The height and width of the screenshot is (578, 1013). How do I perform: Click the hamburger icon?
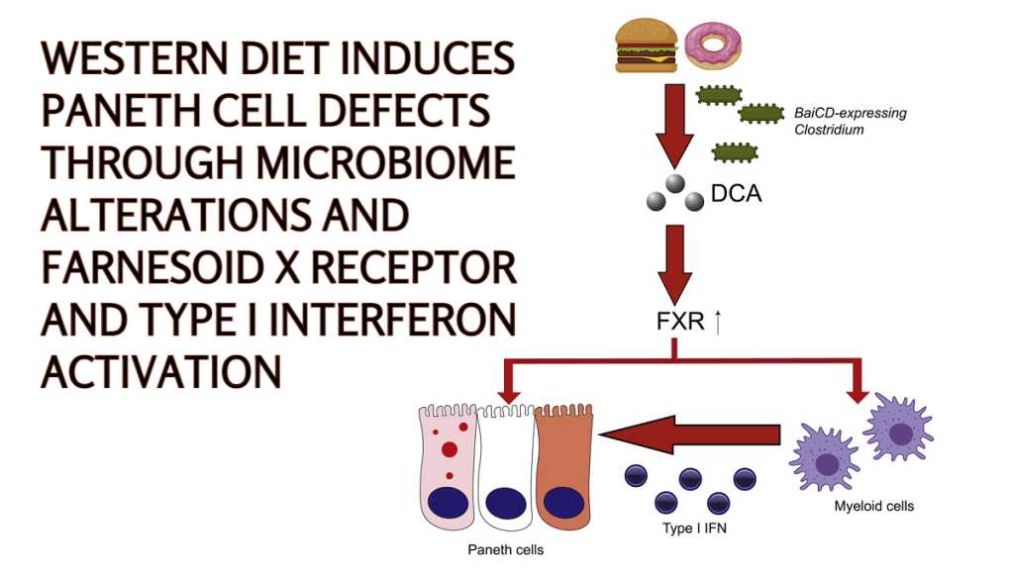coord(647,48)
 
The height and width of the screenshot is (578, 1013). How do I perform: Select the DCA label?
coord(736,194)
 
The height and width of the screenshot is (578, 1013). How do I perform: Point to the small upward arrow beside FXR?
coord(716,322)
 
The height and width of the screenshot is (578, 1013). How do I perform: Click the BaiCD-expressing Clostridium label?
coord(849,121)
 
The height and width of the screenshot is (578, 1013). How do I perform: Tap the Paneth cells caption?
coord(505,549)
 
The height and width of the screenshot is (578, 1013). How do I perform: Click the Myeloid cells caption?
coord(873,507)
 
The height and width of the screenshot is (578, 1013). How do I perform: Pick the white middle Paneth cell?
coord(506,465)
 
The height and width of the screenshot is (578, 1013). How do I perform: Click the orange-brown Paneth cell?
coord(563,465)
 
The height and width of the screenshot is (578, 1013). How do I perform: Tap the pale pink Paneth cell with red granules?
coord(448,465)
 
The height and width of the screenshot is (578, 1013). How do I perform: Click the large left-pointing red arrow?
coord(693,433)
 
